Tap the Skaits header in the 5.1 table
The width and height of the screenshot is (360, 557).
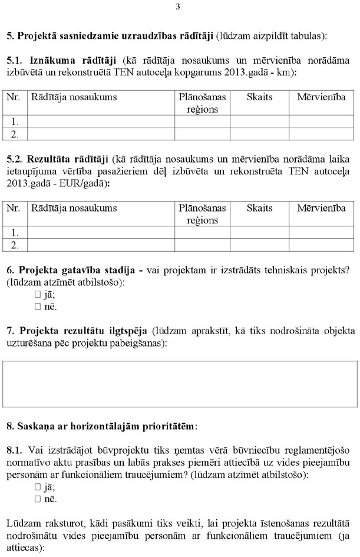[259, 97]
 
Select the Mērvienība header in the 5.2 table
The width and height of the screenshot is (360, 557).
[321, 208]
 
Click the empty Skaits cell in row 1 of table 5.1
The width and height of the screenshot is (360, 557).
[259, 122]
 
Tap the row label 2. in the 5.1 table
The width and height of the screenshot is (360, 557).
[15, 134]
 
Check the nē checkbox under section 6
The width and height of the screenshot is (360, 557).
[38, 306]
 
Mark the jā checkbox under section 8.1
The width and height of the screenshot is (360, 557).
[38, 487]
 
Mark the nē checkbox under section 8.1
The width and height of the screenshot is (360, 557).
[38, 499]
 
